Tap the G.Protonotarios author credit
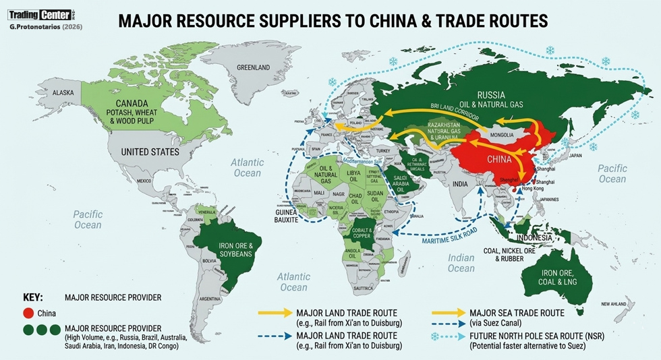coord(42,26)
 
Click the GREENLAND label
coord(253,67)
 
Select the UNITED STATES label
coord(150,152)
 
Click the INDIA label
coord(460,183)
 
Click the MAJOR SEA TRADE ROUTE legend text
coord(526,313)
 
